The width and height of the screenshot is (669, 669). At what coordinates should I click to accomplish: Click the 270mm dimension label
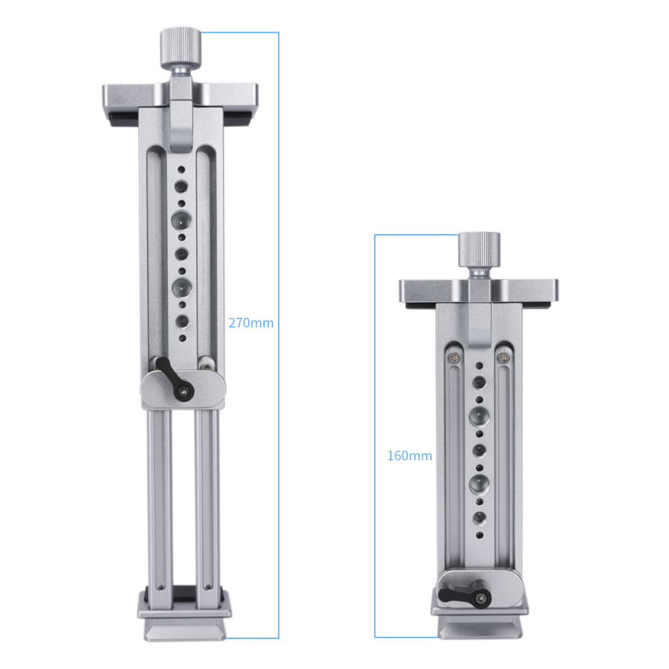pyautogui.click(x=251, y=322)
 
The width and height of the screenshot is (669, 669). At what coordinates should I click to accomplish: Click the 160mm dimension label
pyautogui.click(x=409, y=456)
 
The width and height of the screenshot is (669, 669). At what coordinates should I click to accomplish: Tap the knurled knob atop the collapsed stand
pyautogui.click(x=478, y=250)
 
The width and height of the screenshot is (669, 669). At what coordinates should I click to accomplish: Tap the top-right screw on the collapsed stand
pyautogui.click(x=502, y=359)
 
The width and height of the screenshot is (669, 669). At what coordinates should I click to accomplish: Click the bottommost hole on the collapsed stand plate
pyautogui.click(x=480, y=535)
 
